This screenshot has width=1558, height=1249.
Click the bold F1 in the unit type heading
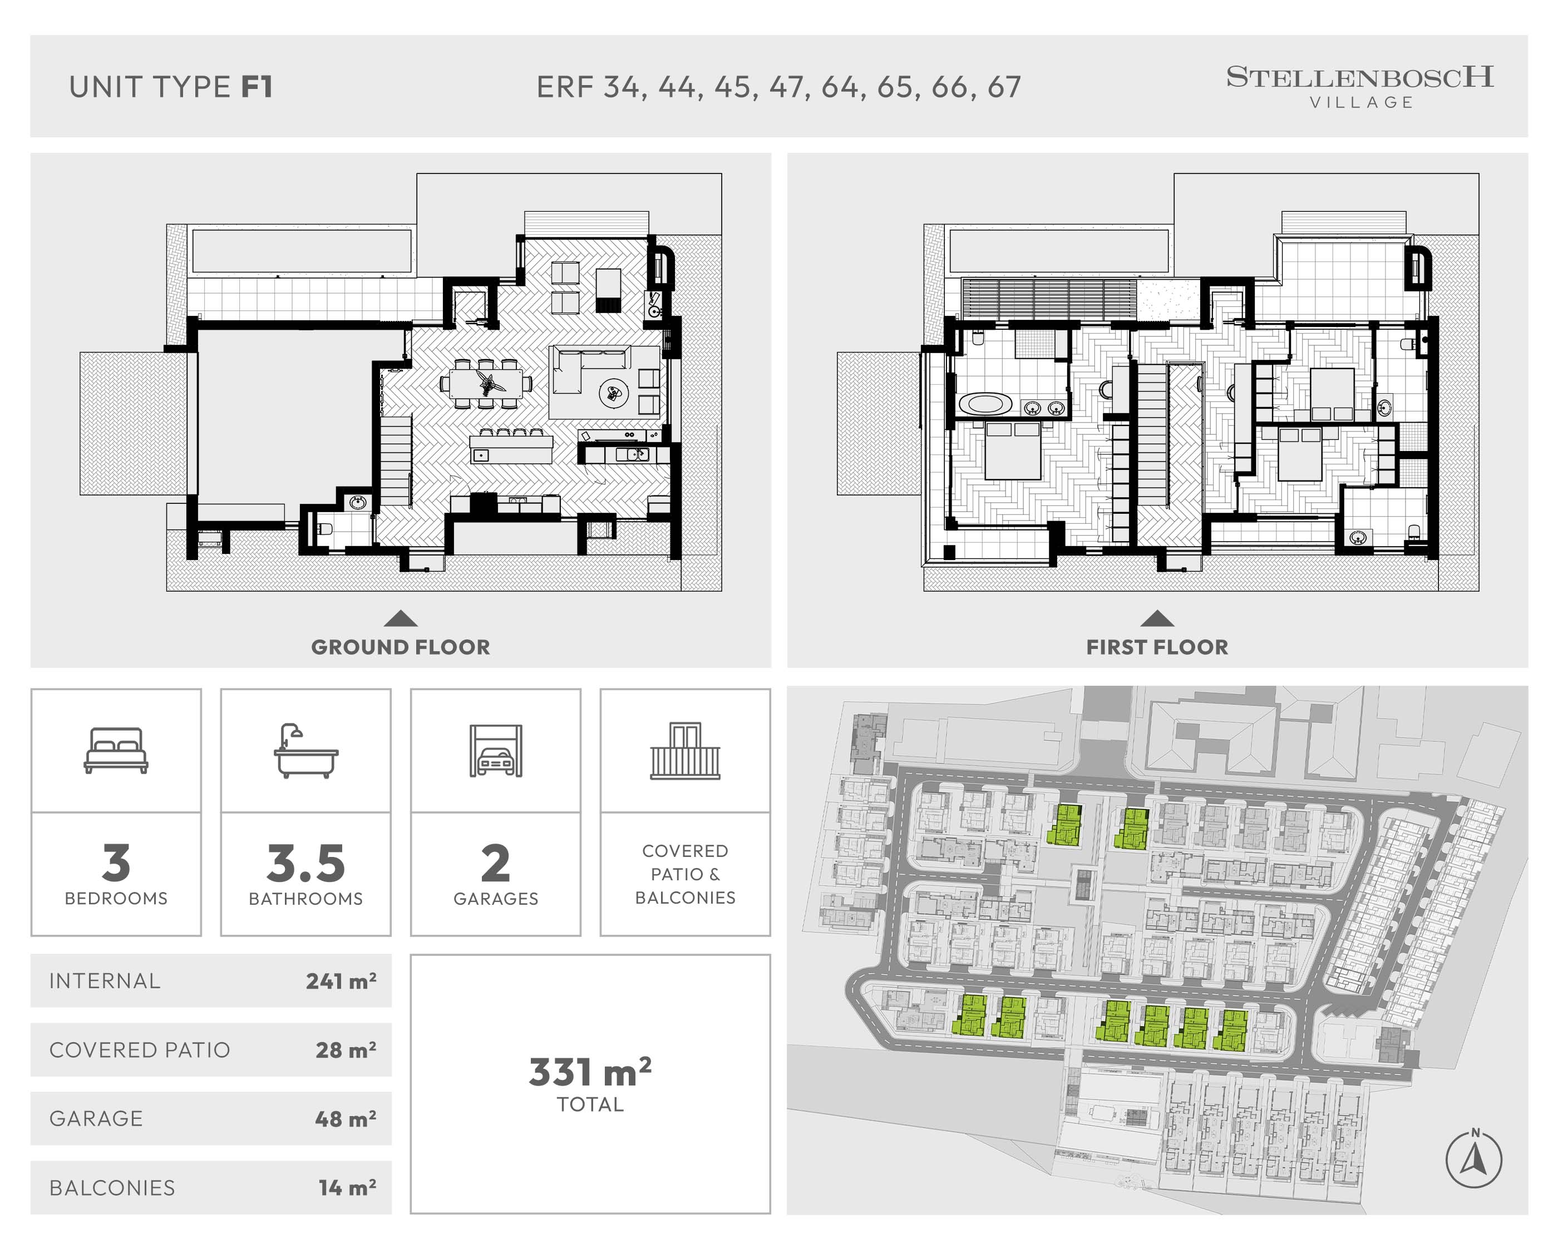tap(257, 87)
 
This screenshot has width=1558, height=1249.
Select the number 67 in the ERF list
tap(1004, 87)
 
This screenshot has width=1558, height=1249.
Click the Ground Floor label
tap(400, 647)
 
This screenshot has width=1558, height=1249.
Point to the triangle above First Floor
tap(1157, 618)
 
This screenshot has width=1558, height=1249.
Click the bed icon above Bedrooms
tap(116, 751)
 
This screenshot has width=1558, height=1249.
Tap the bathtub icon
tap(305, 751)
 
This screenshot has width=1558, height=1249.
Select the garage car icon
tap(496, 751)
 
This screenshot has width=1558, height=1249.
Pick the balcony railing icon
tap(685, 751)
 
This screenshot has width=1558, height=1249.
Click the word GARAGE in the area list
tap(96, 1118)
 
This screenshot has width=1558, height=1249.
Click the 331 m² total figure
tap(590, 1072)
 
